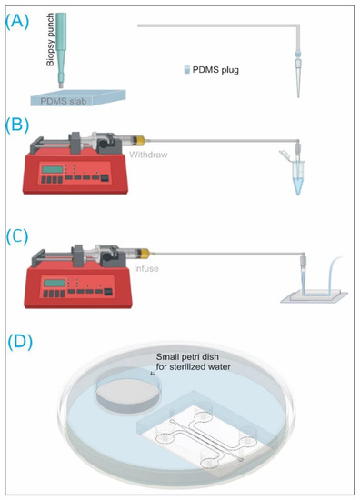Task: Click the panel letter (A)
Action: [x=17, y=23]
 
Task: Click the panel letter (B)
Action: [x=17, y=125]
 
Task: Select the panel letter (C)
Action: [x=17, y=237]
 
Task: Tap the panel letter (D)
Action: [x=20, y=342]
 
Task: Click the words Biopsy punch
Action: [x=50, y=39]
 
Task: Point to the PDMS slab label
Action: [x=63, y=101]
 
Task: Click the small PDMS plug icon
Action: [x=187, y=69]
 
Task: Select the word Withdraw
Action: [x=148, y=155]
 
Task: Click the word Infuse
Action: [x=146, y=268]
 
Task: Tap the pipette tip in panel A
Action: [x=298, y=77]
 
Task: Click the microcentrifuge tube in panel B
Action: [x=297, y=177]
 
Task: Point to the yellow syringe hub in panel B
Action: [x=140, y=140]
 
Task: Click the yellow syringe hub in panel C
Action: [x=145, y=254]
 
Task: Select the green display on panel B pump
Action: [x=51, y=169]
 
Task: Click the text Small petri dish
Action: [x=187, y=356]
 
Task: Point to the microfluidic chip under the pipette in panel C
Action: [x=314, y=296]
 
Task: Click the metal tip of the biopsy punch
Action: [x=61, y=85]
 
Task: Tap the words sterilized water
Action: [x=204, y=366]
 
